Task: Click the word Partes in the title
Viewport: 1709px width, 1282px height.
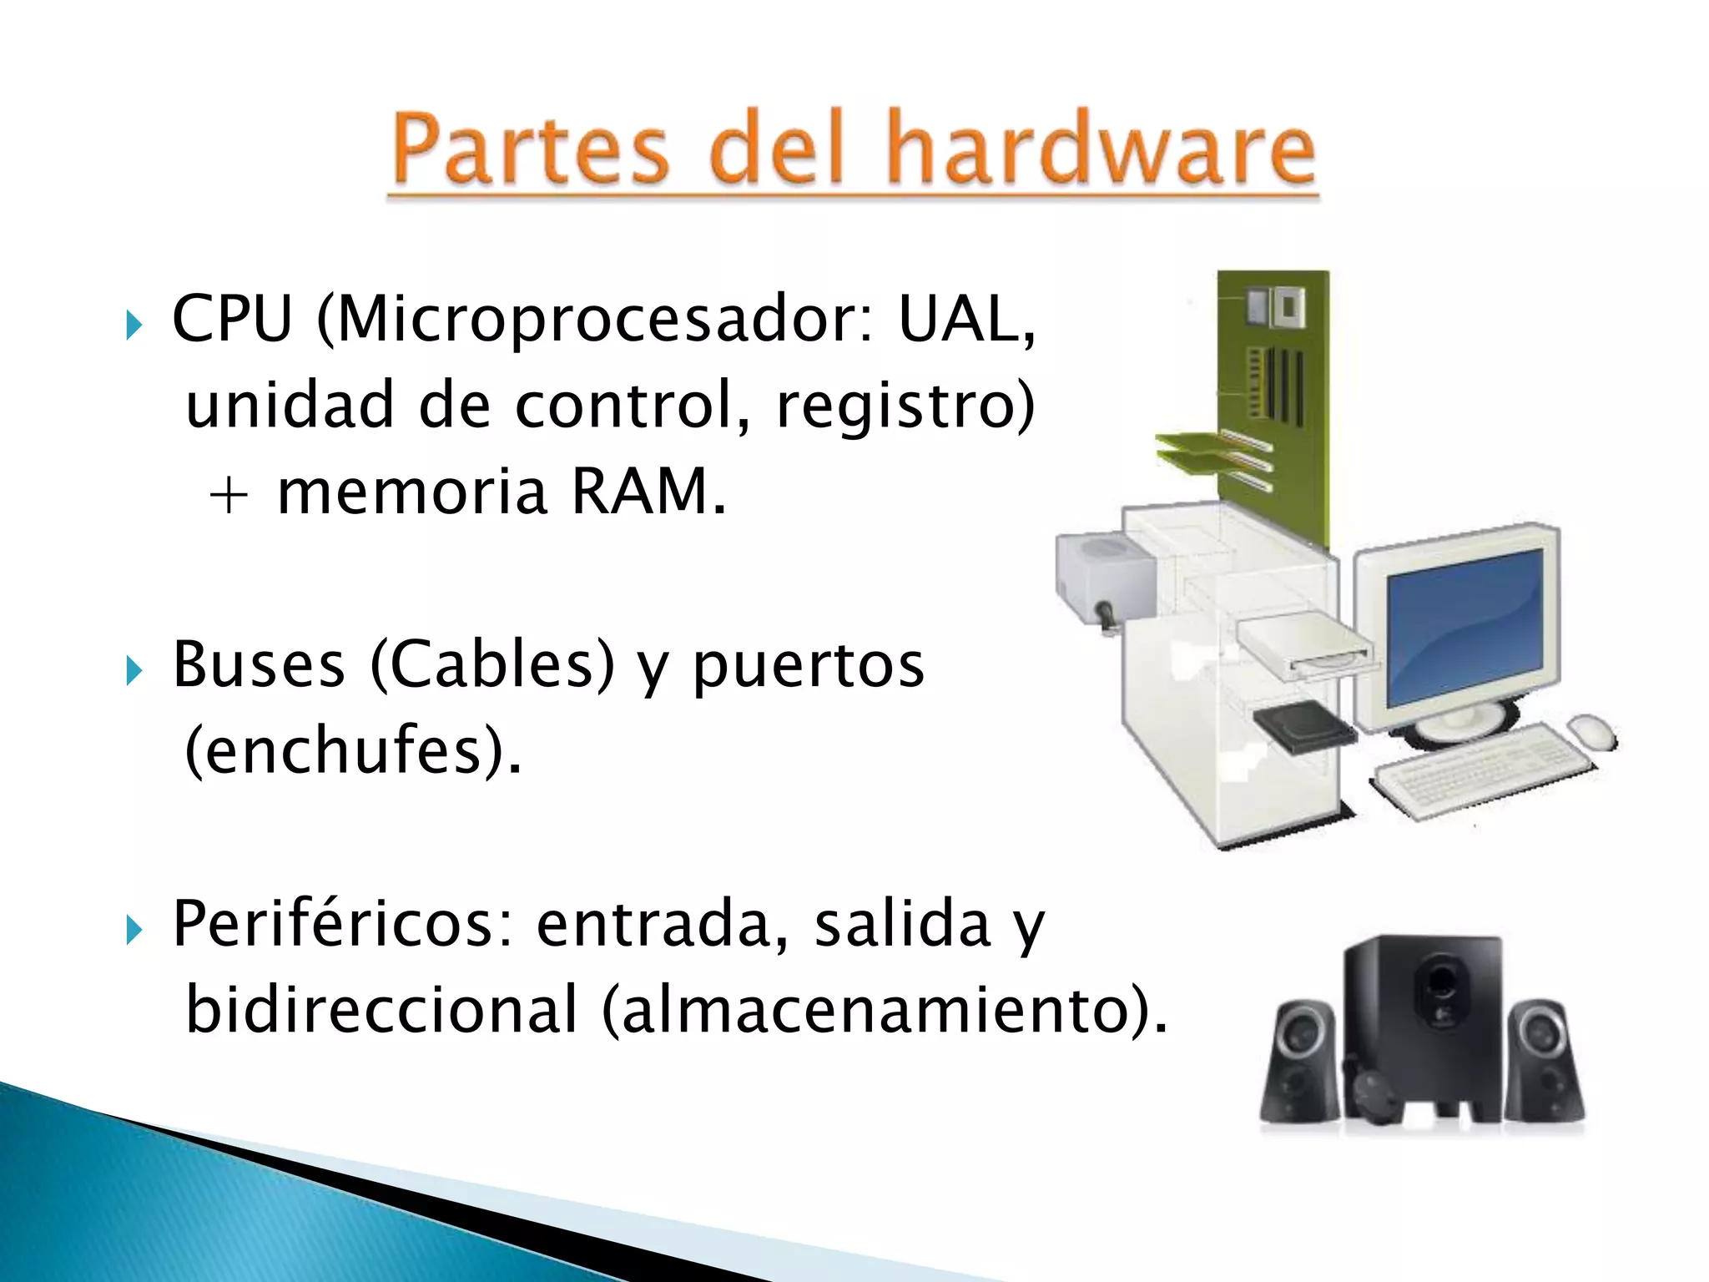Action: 531,150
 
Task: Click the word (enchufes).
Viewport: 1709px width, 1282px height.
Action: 351,750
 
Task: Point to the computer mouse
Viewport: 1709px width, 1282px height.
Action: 1592,731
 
